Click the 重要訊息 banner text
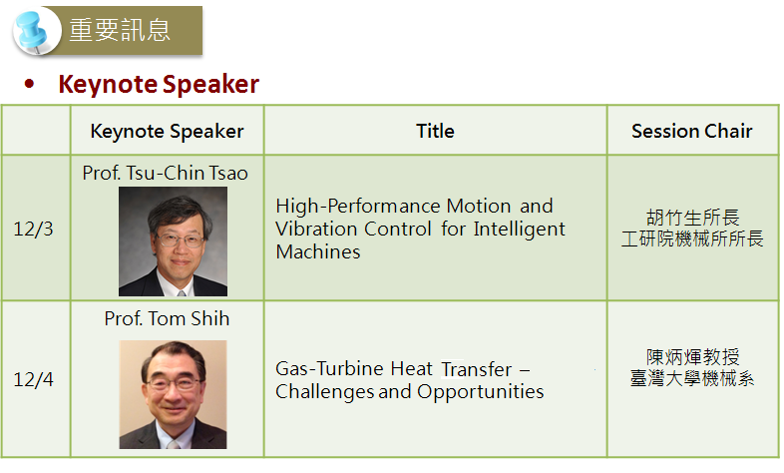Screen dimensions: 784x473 (x=120, y=30)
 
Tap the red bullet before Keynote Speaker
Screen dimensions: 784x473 (x=30, y=84)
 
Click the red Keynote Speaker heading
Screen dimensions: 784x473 (x=159, y=84)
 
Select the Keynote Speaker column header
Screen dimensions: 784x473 (x=167, y=131)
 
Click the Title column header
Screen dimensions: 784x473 (x=436, y=131)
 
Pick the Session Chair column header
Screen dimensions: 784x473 (x=692, y=131)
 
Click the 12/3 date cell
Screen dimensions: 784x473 (x=33, y=229)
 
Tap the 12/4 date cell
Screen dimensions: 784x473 (x=33, y=379)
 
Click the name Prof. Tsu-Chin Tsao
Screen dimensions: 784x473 (x=165, y=173)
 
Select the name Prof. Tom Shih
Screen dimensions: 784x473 (x=167, y=318)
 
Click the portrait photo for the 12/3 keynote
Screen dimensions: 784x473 (x=173, y=241)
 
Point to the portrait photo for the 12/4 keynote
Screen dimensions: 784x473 (x=173, y=394)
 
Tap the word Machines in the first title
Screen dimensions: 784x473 (x=318, y=252)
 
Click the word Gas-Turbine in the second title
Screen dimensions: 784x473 (x=329, y=369)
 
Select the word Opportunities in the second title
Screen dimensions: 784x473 (x=481, y=392)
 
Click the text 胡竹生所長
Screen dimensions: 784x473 (x=692, y=218)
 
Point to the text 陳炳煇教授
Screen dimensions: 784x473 (x=692, y=357)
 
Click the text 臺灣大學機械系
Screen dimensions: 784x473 (x=692, y=378)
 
